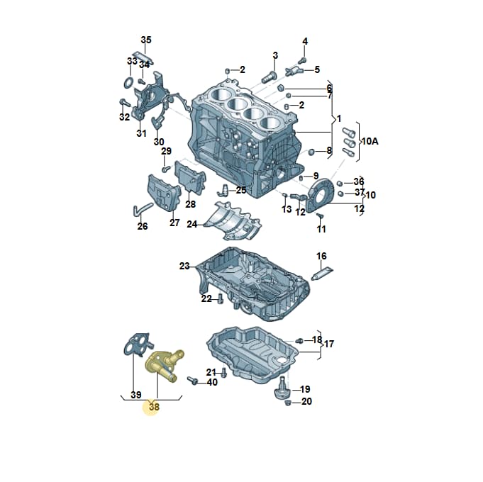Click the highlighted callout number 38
pyautogui.click(x=154, y=407)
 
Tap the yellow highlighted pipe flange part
pyautogui.click(x=163, y=366)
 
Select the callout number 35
pyautogui.click(x=146, y=40)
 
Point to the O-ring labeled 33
pyautogui.click(x=129, y=82)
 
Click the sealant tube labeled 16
pyautogui.click(x=322, y=274)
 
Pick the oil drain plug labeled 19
pyautogui.click(x=280, y=388)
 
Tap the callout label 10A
pyautogui.click(x=370, y=141)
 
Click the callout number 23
pyautogui.click(x=184, y=266)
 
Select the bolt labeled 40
pyautogui.click(x=192, y=381)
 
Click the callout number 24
pyautogui.click(x=192, y=225)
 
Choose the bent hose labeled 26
pyautogui.click(x=143, y=208)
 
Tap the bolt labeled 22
pyautogui.click(x=221, y=298)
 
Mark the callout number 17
pyautogui.click(x=329, y=344)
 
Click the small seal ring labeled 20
pyautogui.click(x=288, y=403)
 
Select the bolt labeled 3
pyautogui.click(x=269, y=77)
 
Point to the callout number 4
pyautogui.click(x=305, y=41)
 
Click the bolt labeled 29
pyautogui.click(x=167, y=169)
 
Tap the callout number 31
pyautogui.click(x=141, y=133)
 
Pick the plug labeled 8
pyautogui.click(x=311, y=152)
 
